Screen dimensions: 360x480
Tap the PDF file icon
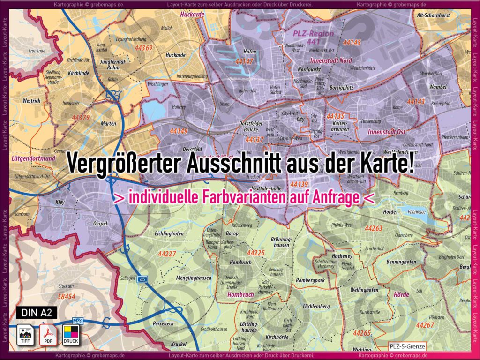(47, 334)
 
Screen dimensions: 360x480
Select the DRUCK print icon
(71, 334)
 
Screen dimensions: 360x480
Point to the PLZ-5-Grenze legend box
(406, 346)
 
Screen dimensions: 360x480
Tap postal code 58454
(66, 296)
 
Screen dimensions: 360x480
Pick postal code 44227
(167, 254)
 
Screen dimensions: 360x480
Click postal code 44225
(256, 253)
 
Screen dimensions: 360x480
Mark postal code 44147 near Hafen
(244, 61)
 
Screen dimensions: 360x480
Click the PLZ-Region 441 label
(314, 37)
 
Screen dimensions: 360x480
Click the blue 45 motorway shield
(143, 279)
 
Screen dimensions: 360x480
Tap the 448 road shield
(77, 321)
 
